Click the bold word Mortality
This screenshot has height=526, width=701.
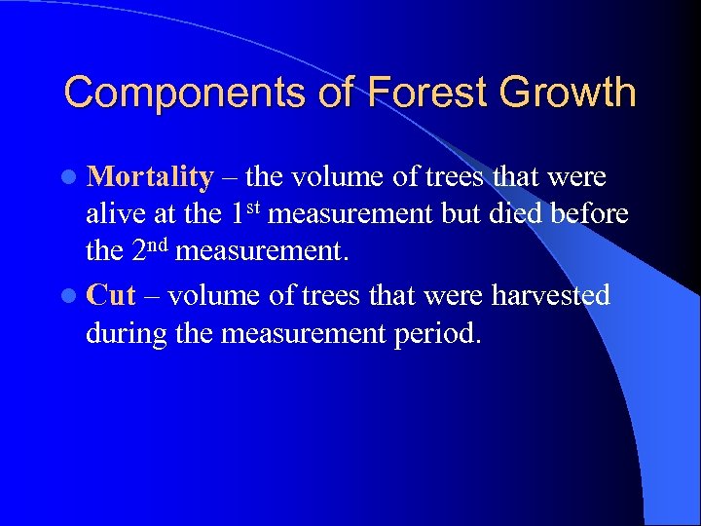149,177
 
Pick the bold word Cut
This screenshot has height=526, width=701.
110,295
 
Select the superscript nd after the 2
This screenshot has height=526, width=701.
161,243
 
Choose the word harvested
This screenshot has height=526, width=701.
550,295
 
